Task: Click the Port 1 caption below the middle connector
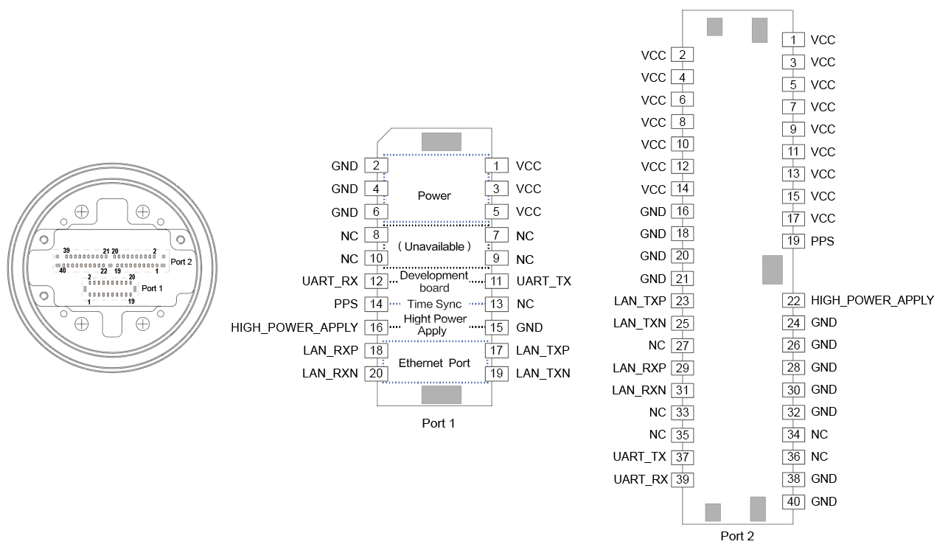tap(437, 423)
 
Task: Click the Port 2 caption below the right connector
tap(736, 536)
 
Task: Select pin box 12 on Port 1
tap(376, 281)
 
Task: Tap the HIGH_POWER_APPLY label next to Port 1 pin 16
tap(294, 327)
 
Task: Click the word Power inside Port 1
tap(434, 195)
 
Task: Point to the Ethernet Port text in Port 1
tap(434, 363)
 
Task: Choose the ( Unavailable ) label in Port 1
tap(434, 246)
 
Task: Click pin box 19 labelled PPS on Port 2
tap(792, 240)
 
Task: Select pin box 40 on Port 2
tap(793, 501)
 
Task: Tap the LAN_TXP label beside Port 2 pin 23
tap(640, 300)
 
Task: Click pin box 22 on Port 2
tap(793, 300)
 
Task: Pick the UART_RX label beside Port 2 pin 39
tap(640, 479)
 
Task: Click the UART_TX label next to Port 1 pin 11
tap(543, 281)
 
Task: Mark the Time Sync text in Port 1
tap(434, 304)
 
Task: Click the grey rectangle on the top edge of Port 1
tap(441, 142)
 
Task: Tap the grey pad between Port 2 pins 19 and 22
tap(772, 270)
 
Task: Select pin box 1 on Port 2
tap(792, 40)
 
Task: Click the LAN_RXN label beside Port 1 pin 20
tap(330, 373)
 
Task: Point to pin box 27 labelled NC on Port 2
tap(682, 345)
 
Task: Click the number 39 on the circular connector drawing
tap(66, 251)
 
